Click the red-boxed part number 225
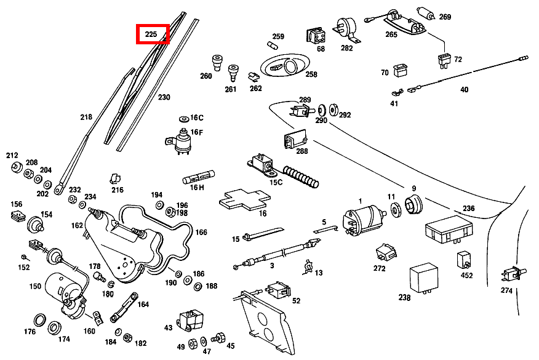click(x=151, y=34)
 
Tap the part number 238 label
click(x=404, y=298)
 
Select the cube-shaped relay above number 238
click(x=424, y=274)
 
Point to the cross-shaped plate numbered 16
click(x=244, y=199)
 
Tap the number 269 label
click(x=445, y=17)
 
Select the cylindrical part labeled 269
click(x=425, y=13)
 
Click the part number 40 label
click(x=464, y=90)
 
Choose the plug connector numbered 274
click(x=511, y=273)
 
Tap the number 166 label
click(x=201, y=233)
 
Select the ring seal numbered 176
click(x=39, y=319)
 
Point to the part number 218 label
click(x=86, y=117)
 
